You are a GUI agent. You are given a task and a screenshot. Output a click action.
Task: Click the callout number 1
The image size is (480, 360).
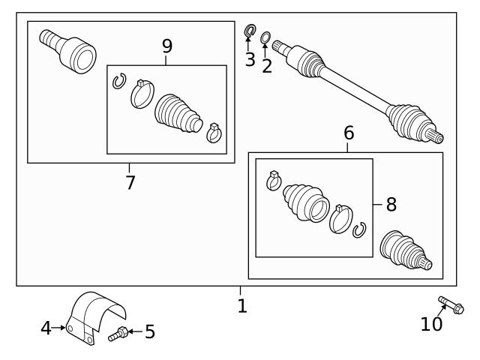pyautogui.click(x=241, y=306)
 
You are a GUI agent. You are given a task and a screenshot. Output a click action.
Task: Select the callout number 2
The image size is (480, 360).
pyautogui.click(x=267, y=65)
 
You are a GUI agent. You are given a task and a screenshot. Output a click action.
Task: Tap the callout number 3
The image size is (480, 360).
pyautogui.click(x=250, y=59)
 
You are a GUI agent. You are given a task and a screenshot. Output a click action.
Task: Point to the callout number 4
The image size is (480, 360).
pyautogui.click(x=46, y=328)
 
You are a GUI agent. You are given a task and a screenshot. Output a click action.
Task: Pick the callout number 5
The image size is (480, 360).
pyautogui.click(x=150, y=331)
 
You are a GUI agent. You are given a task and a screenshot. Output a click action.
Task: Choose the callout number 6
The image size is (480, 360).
pyautogui.click(x=349, y=133)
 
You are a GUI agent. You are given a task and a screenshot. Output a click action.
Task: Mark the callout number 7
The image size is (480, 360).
pyautogui.click(x=130, y=181)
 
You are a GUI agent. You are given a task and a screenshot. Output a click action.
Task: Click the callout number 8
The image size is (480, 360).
pyautogui.click(x=391, y=203)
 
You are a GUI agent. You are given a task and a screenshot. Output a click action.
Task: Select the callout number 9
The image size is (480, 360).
pyautogui.click(x=166, y=46)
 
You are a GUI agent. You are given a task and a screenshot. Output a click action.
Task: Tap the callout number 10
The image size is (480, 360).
pyautogui.click(x=431, y=324)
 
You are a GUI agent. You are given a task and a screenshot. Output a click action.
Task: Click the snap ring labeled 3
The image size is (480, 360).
pyautogui.click(x=250, y=31)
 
